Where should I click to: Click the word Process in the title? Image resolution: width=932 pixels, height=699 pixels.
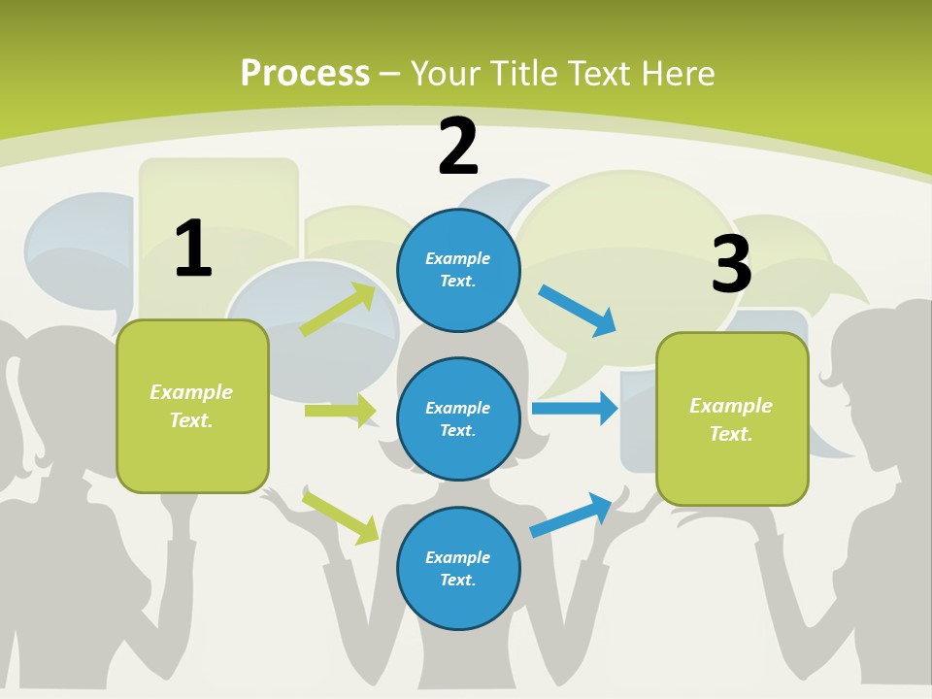305,73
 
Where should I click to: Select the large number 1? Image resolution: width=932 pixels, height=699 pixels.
194,248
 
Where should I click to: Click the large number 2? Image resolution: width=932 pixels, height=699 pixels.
457,146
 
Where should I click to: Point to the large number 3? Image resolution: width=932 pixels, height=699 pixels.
732,263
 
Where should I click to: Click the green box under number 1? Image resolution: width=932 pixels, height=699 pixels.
193,407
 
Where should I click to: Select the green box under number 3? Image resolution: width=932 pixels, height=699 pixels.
732,419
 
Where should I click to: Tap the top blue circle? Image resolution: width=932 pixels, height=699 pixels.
458,271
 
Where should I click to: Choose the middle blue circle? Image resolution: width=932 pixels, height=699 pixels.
458,419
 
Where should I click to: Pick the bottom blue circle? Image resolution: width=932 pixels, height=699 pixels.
458,568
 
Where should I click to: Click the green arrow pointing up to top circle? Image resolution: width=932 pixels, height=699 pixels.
338,309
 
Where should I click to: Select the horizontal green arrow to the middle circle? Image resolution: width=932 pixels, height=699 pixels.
341,410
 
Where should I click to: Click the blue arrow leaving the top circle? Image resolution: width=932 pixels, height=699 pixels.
577,311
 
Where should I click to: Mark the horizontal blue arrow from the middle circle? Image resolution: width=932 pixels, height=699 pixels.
575,408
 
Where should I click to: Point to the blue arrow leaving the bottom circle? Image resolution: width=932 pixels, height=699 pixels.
571,516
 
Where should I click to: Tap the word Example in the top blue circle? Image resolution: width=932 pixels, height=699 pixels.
457,258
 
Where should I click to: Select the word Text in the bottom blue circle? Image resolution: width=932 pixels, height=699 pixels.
457,580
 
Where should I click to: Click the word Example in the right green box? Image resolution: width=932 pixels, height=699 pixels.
731,406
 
